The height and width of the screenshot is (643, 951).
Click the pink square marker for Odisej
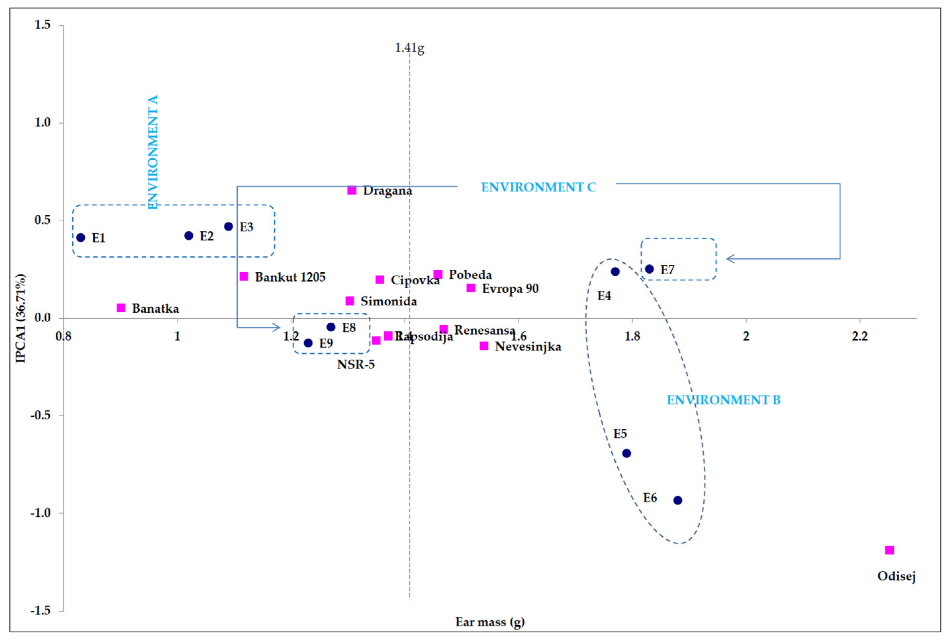pyautogui.click(x=889, y=550)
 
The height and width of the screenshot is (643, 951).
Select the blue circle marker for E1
pyautogui.click(x=81, y=238)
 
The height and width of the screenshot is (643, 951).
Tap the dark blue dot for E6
pyautogui.click(x=678, y=500)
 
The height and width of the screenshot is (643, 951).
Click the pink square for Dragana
pyautogui.click(x=352, y=190)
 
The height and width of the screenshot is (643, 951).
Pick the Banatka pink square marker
pyautogui.click(x=121, y=307)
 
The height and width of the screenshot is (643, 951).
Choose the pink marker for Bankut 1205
pyautogui.click(x=244, y=276)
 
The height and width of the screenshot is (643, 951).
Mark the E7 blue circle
pyautogui.click(x=649, y=269)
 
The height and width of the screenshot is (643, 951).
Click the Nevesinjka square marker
pyautogui.click(x=484, y=346)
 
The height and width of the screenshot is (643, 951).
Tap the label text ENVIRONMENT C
pyautogui.click(x=538, y=187)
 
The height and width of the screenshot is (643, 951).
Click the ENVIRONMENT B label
pyautogui.click(x=724, y=400)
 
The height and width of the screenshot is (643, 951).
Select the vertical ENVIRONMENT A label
pyautogui.click(x=153, y=152)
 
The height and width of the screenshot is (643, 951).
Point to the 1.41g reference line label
pyautogui.click(x=409, y=48)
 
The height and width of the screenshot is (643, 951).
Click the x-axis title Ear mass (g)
pyautogui.click(x=490, y=622)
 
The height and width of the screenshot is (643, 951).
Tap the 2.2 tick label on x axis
pyautogui.click(x=860, y=336)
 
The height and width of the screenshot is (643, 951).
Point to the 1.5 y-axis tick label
pyautogui.click(x=43, y=25)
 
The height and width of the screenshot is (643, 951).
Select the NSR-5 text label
pyautogui.click(x=356, y=364)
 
